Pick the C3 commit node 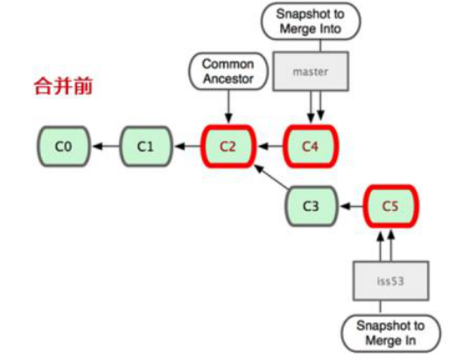click(310, 207)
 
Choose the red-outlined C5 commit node click(390, 207)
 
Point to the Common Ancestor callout click(227, 71)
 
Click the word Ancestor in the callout click(227, 77)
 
